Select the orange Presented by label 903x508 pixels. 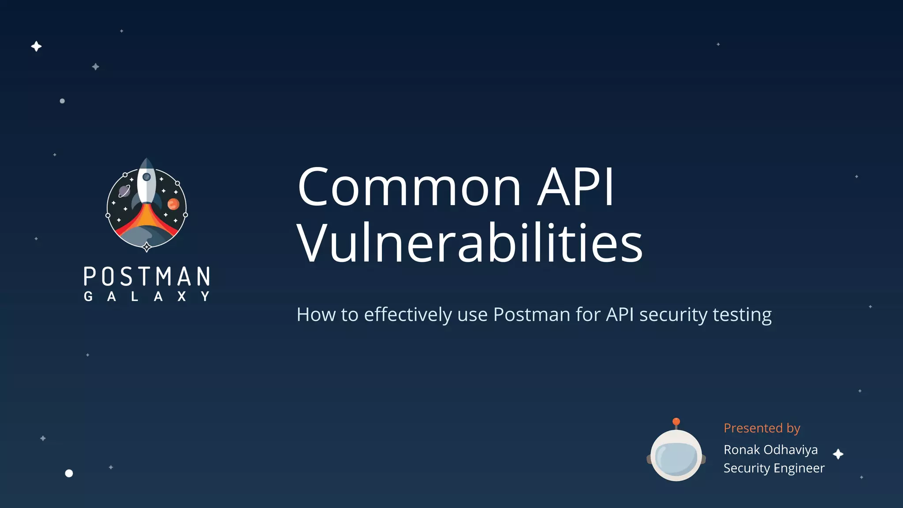point(761,428)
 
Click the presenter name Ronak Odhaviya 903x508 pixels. point(770,450)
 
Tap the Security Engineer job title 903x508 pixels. point(774,468)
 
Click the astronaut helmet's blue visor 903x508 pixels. point(676,459)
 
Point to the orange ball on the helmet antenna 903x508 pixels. point(676,422)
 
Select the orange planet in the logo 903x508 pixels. point(173,204)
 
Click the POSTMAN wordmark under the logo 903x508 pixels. point(147,276)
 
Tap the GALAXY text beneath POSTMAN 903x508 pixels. point(147,296)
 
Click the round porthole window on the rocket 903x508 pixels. point(146,177)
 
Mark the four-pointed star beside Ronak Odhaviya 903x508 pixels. point(838,454)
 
